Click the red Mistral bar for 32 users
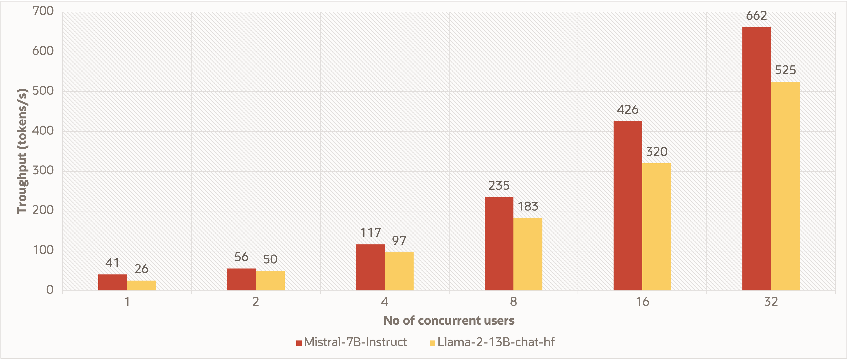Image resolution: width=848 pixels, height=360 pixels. (756, 159)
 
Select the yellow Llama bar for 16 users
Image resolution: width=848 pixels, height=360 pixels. (656, 227)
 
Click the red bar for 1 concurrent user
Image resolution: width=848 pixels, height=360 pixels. (113, 282)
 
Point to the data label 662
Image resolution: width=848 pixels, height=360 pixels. (756, 16)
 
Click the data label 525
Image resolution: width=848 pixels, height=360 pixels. (785, 70)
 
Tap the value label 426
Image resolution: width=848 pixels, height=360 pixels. (627, 110)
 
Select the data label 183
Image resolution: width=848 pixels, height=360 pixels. (528, 206)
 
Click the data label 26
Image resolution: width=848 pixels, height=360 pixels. (141, 269)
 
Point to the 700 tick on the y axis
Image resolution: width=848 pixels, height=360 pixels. (43, 11)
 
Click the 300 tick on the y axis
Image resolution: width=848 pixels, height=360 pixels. (43, 171)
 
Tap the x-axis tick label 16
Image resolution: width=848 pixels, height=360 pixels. (642, 301)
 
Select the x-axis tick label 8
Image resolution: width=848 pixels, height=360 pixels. (513, 301)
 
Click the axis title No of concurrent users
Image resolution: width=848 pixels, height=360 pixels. (449, 320)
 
